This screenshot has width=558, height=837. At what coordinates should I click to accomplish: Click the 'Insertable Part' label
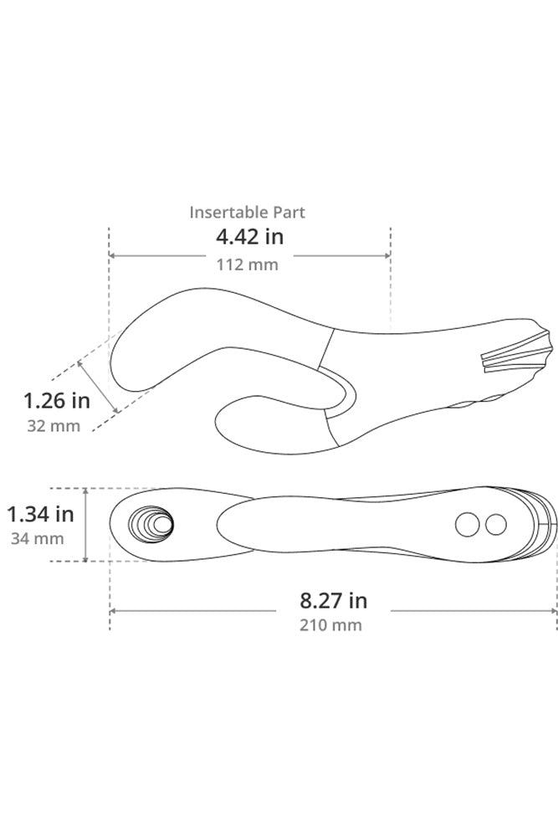point(247,213)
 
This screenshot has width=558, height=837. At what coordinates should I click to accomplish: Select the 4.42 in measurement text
point(249,237)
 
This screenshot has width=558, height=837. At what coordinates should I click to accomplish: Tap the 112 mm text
point(248,264)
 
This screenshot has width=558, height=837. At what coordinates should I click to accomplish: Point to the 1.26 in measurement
point(56,400)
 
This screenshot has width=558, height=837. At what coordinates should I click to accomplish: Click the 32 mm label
point(54,425)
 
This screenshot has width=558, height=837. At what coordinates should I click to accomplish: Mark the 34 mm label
point(38,538)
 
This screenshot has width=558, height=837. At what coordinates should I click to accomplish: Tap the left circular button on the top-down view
point(466,525)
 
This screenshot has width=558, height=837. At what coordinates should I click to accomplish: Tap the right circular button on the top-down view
point(496,525)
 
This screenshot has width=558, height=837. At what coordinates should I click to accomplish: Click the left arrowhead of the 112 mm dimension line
point(113,256)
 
